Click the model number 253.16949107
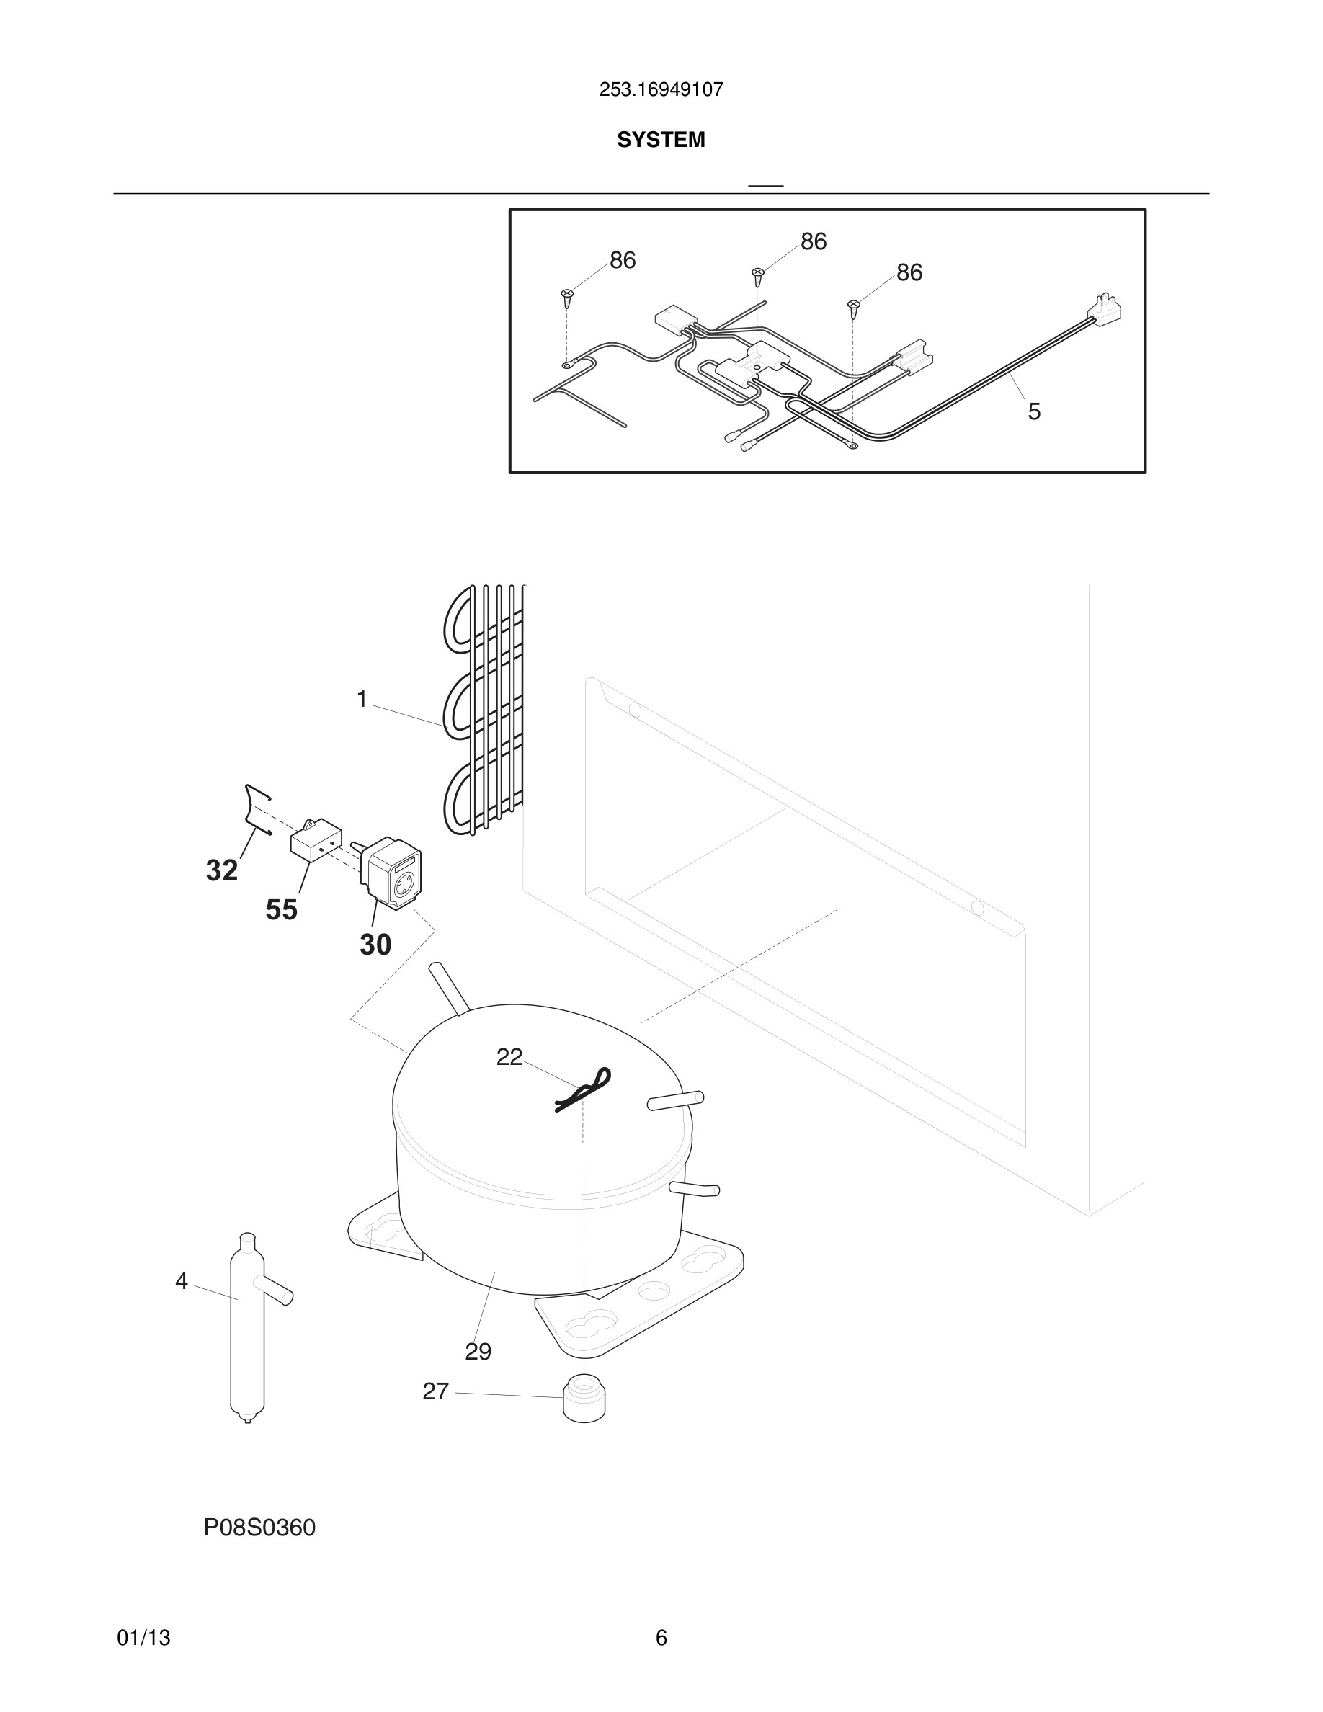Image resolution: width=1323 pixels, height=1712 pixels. pos(661,89)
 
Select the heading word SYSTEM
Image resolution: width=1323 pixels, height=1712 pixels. pos(661,140)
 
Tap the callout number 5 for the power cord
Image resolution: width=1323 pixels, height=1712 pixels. pos(1034,411)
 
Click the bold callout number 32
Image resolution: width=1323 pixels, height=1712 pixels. pos(222,870)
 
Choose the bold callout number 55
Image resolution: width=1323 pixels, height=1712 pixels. pos(281,909)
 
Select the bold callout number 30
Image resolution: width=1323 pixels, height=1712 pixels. pos(375,945)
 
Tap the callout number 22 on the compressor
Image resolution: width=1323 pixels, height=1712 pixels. pos(509,1058)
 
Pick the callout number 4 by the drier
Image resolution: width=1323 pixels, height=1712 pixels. pos(182,1282)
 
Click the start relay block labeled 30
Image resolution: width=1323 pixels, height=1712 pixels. pos(392,873)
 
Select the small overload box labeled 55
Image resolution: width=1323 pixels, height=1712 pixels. pos(315,842)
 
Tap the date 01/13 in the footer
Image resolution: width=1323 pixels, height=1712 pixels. pos(143,1639)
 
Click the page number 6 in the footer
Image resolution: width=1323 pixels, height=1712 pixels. pos(661,1639)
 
